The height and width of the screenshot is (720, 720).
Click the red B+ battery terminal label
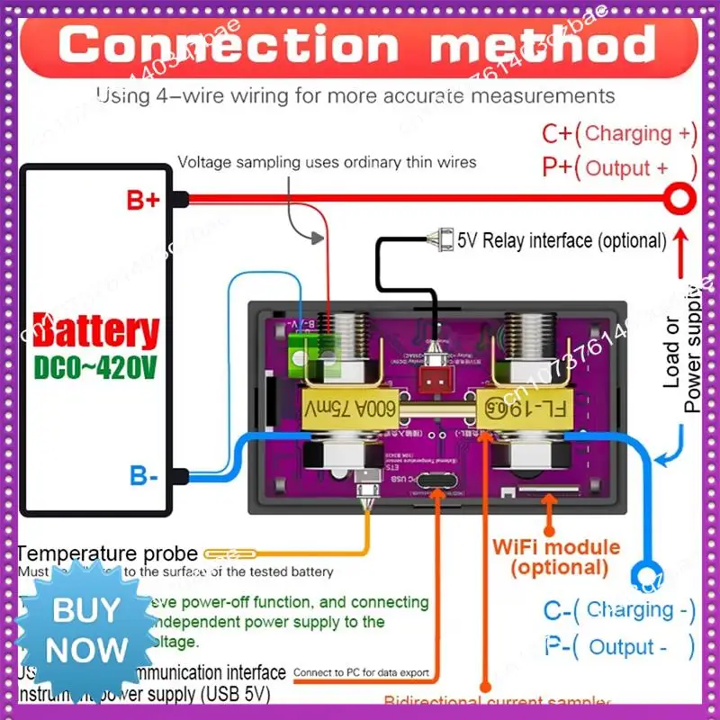pos(142,200)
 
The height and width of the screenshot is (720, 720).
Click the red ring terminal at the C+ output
pos(680,195)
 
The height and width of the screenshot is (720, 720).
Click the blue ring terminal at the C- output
pos(644,574)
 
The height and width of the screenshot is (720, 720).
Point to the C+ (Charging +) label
pos(619,134)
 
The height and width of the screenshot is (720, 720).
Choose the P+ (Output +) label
pos(619,167)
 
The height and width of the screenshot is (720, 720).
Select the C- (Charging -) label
pos(619,610)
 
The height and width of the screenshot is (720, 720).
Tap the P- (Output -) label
pos(619,646)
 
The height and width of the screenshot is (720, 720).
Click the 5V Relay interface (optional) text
pos(562,240)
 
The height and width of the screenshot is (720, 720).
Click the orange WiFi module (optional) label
pos(555,557)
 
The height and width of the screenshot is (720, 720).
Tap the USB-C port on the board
pos(440,492)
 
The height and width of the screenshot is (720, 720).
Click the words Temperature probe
pos(107,554)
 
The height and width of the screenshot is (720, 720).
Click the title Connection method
pos(357,44)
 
